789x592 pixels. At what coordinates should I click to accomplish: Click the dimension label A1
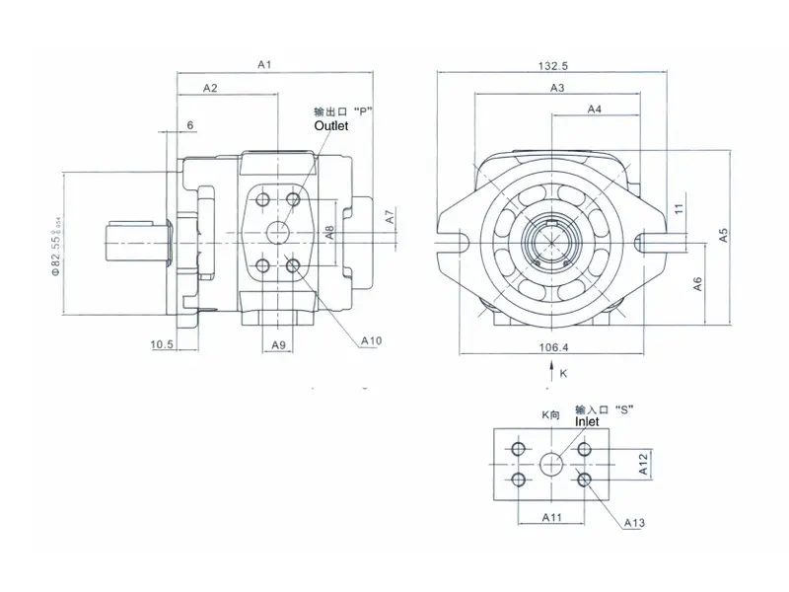264,64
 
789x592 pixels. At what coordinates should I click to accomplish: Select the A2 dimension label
210,89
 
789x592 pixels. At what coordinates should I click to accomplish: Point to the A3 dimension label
557,89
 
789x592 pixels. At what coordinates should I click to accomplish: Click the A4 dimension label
595,110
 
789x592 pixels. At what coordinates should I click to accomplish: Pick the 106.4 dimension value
554,346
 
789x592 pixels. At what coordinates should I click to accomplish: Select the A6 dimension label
696,283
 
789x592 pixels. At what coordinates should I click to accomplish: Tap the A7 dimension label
391,216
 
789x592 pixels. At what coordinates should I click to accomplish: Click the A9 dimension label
278,344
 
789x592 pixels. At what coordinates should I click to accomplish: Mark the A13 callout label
634,522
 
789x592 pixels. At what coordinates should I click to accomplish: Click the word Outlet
331,126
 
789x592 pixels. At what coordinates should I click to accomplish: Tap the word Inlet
587,421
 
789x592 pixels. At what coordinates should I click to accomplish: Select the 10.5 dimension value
163,344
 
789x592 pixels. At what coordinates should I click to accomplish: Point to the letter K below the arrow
563,374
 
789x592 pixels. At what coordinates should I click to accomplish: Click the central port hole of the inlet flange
551,463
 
